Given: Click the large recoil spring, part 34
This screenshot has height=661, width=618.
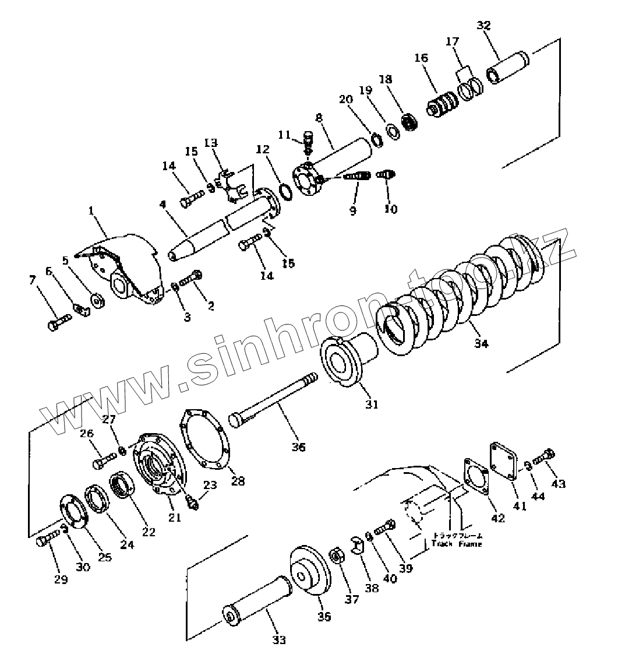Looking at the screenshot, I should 466,291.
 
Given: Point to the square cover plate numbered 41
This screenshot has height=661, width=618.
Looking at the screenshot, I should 504,460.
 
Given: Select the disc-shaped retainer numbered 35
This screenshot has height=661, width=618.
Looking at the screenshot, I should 310,571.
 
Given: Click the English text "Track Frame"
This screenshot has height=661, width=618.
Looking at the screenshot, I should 457,544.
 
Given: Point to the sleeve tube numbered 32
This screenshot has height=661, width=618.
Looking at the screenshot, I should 507,67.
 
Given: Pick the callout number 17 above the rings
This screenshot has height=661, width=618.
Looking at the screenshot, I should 453,41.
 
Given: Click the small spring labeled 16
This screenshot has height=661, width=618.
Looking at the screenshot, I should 443,106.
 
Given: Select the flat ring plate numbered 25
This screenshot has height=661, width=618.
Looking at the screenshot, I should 75,513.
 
